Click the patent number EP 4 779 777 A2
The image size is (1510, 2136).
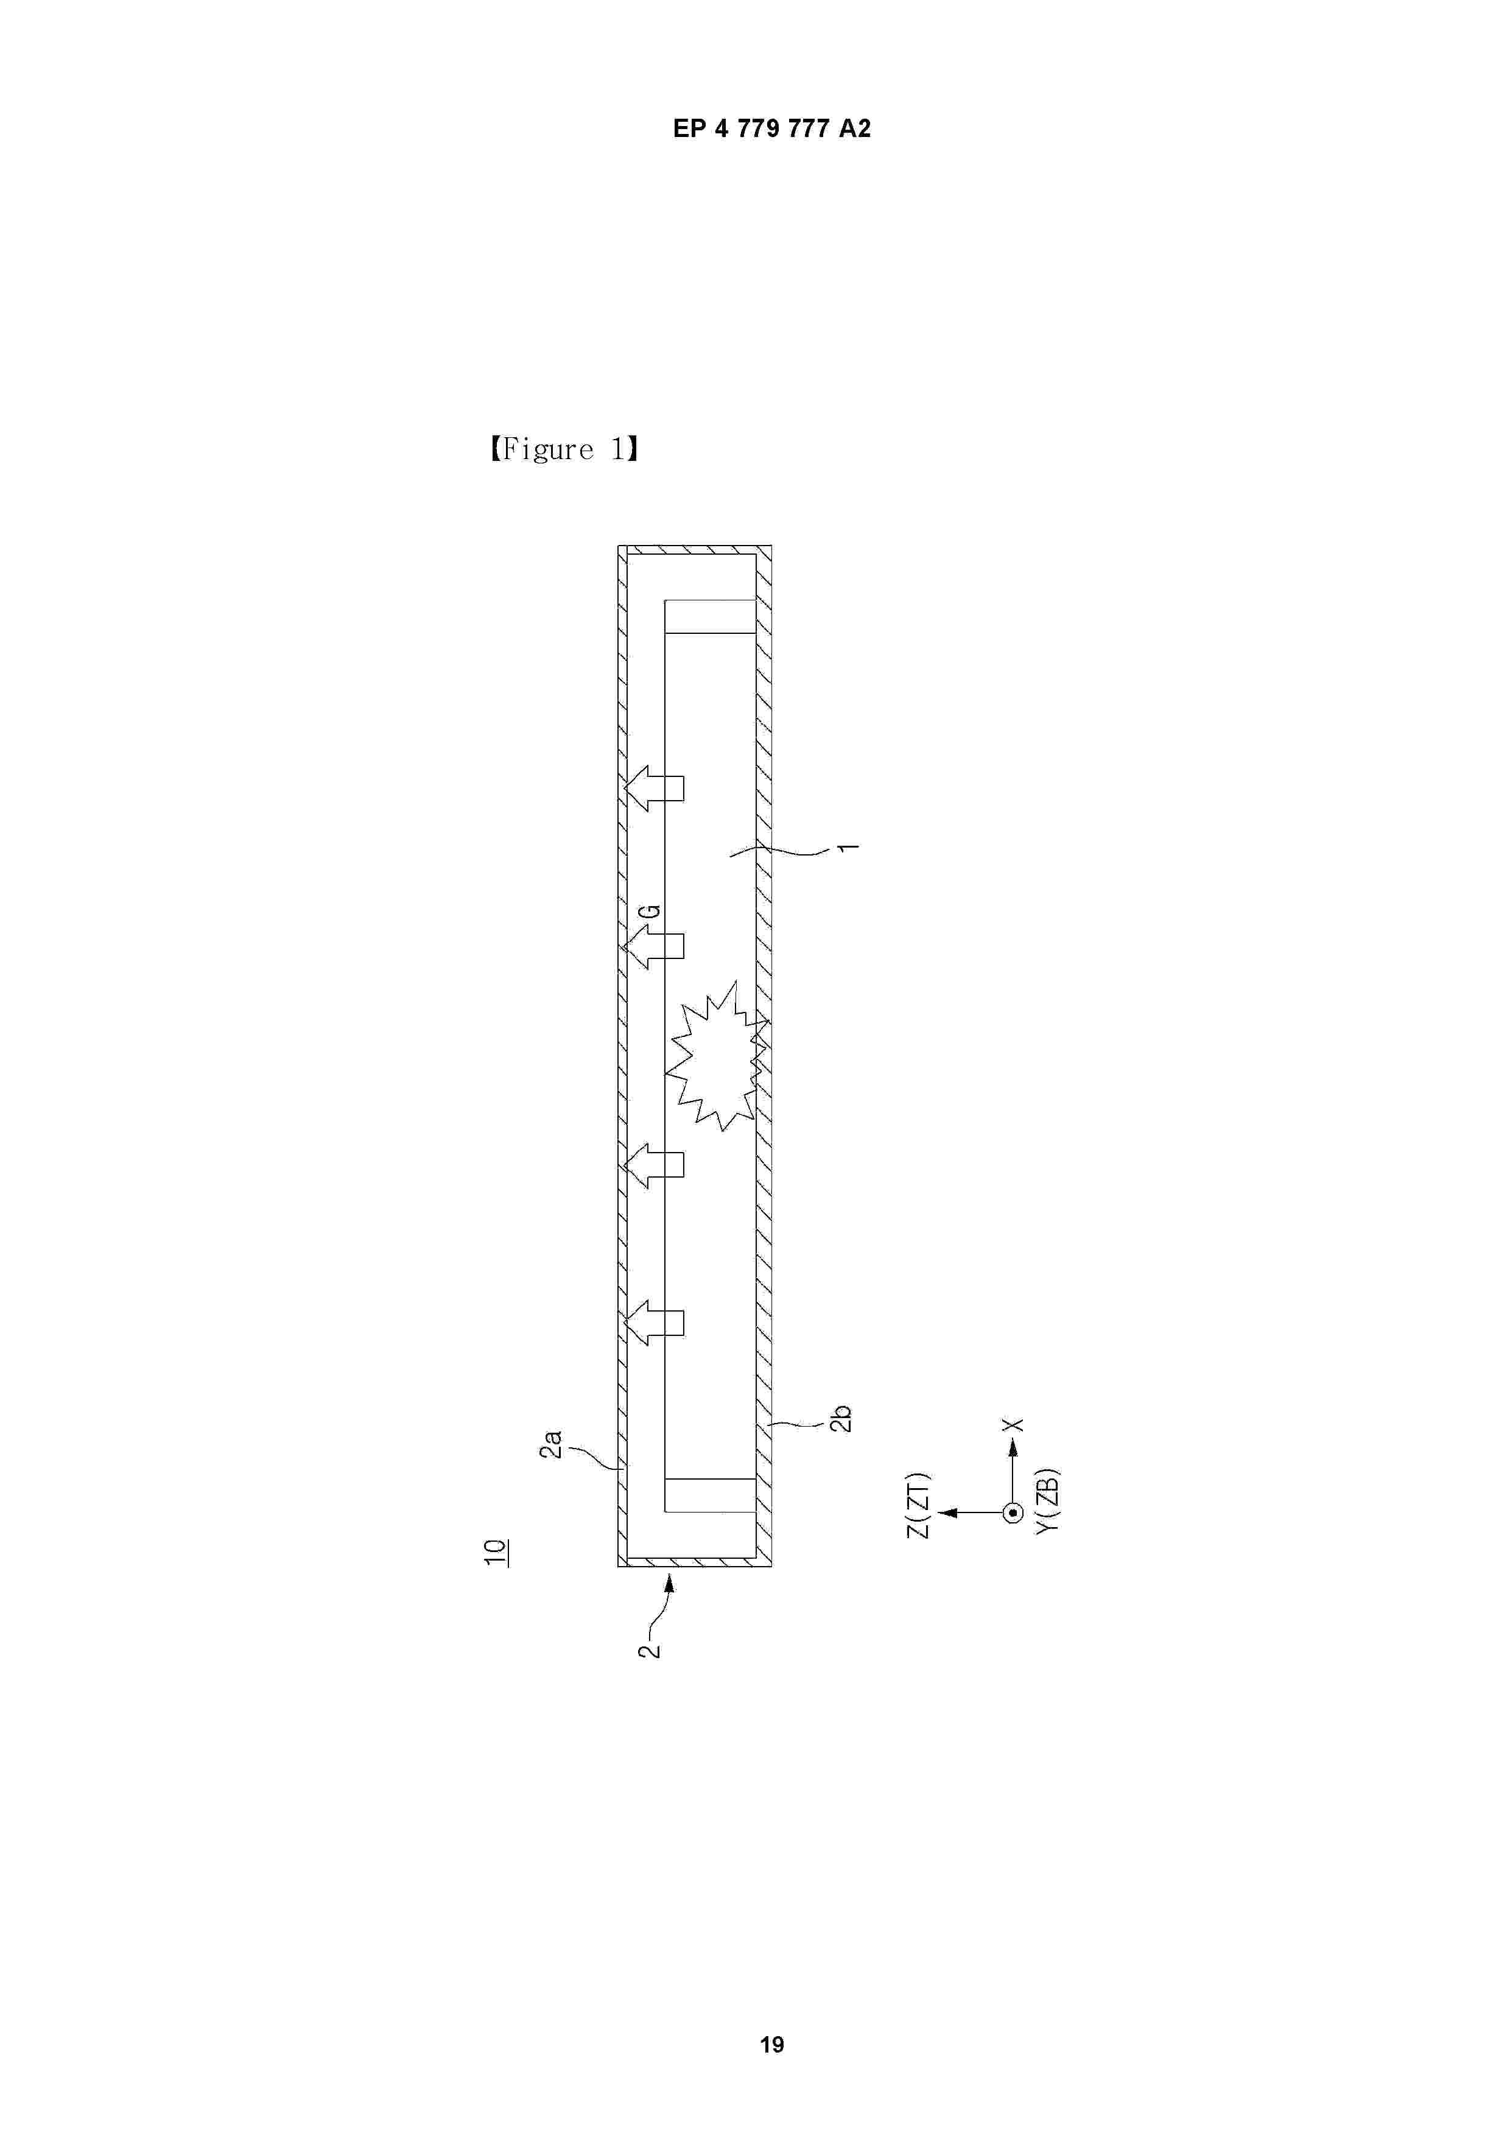[771, 129]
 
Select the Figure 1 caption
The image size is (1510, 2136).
[564, 450]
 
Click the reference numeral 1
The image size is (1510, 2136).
[849, 848]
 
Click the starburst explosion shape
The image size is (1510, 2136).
[717, 1055]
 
